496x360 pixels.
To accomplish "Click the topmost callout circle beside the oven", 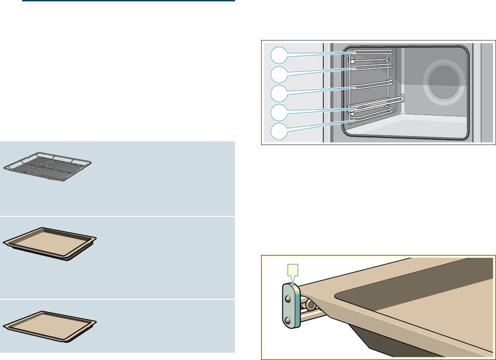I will (x=278, y=56).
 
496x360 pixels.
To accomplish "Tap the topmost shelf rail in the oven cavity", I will (x=371, y=52).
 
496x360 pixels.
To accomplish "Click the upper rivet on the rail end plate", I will (x=288, y=299).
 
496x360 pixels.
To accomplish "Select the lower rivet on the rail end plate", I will (x=288, y=320).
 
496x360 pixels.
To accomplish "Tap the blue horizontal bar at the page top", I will (x=128, y=1).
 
